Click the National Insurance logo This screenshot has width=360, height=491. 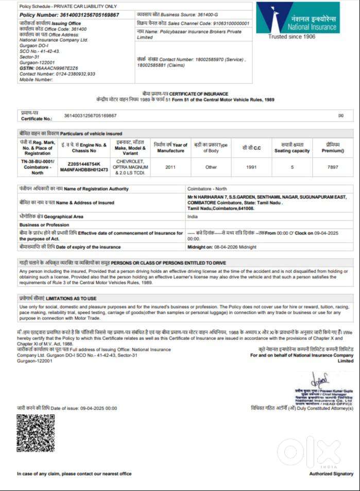[x=298, y=18]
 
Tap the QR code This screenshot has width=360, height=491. [x=35, y=433]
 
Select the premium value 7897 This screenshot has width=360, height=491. [x=333, y=167]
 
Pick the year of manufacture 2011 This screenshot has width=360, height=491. [x=170, y=167]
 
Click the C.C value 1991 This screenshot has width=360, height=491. [x=251, y=167]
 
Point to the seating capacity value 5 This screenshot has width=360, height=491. [x=292, y=167]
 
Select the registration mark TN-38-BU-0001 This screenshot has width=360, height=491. [x=38, y=161]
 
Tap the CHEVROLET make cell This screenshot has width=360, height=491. [x=130, y=161]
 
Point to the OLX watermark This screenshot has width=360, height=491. [x=309, y=451]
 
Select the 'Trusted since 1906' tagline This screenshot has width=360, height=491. [x=292, y=37]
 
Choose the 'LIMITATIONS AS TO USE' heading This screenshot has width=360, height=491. [x=71, y=298]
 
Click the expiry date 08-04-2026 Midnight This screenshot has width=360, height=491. [x=221, y=247]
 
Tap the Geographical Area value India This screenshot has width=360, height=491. [x=193, y=217]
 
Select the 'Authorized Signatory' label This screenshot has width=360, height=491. [x=331, y=473]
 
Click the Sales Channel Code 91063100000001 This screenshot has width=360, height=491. [x=227, y=23]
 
